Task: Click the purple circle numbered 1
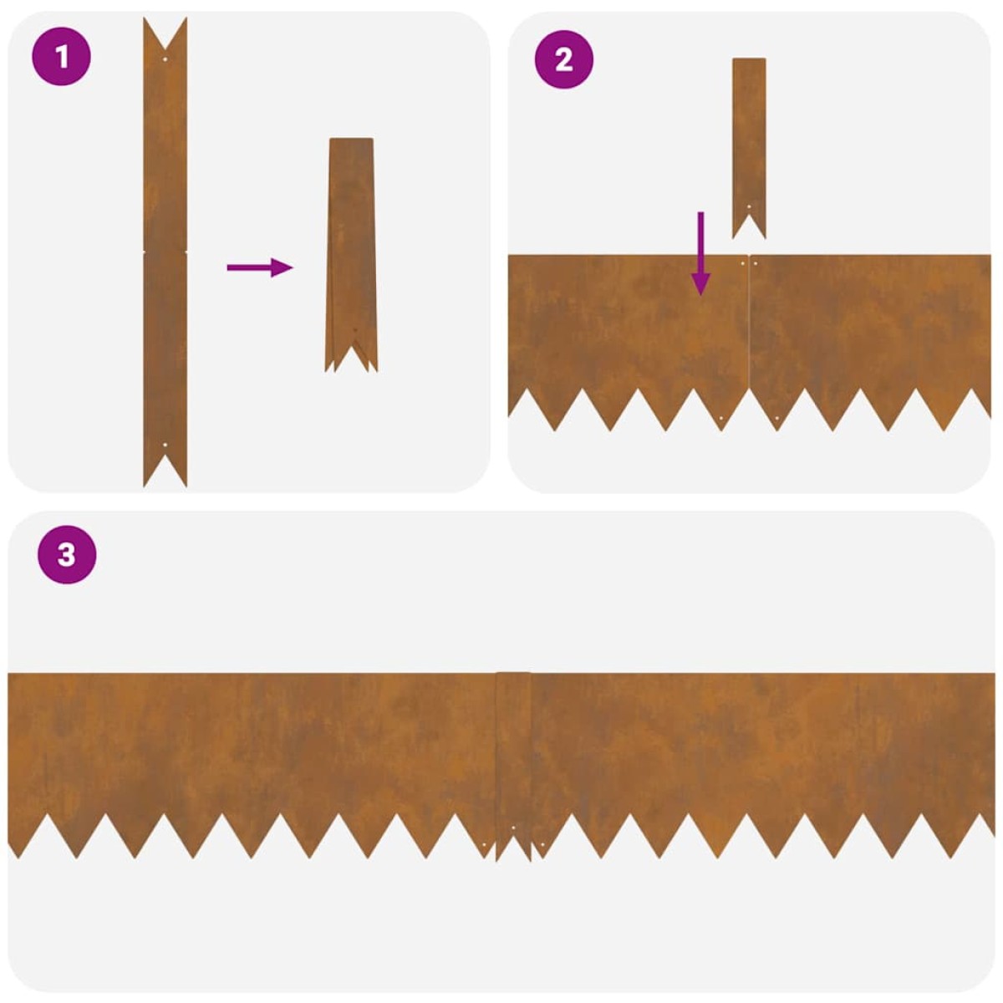click(61, 56)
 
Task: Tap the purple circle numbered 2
click(563, 59)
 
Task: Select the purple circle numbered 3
click(67, 554)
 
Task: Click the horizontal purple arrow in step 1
click(260, 267)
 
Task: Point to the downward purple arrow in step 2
click(700, 253)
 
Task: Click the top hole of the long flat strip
click(165, 59)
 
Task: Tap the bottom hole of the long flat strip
click(165, 445)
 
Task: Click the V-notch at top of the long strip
click(165, 49)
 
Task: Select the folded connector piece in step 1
click(351, 255)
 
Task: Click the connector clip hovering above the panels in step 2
click(749, 148)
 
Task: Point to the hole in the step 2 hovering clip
click(749, 207)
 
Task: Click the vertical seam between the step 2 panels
click(748, 323)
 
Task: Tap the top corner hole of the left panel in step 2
click(743, 263)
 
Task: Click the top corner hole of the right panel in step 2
click(756, 263)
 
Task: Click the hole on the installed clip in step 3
click(513, 827)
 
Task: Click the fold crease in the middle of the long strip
click(165, 252)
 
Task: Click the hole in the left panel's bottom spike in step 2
click(720, 419)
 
